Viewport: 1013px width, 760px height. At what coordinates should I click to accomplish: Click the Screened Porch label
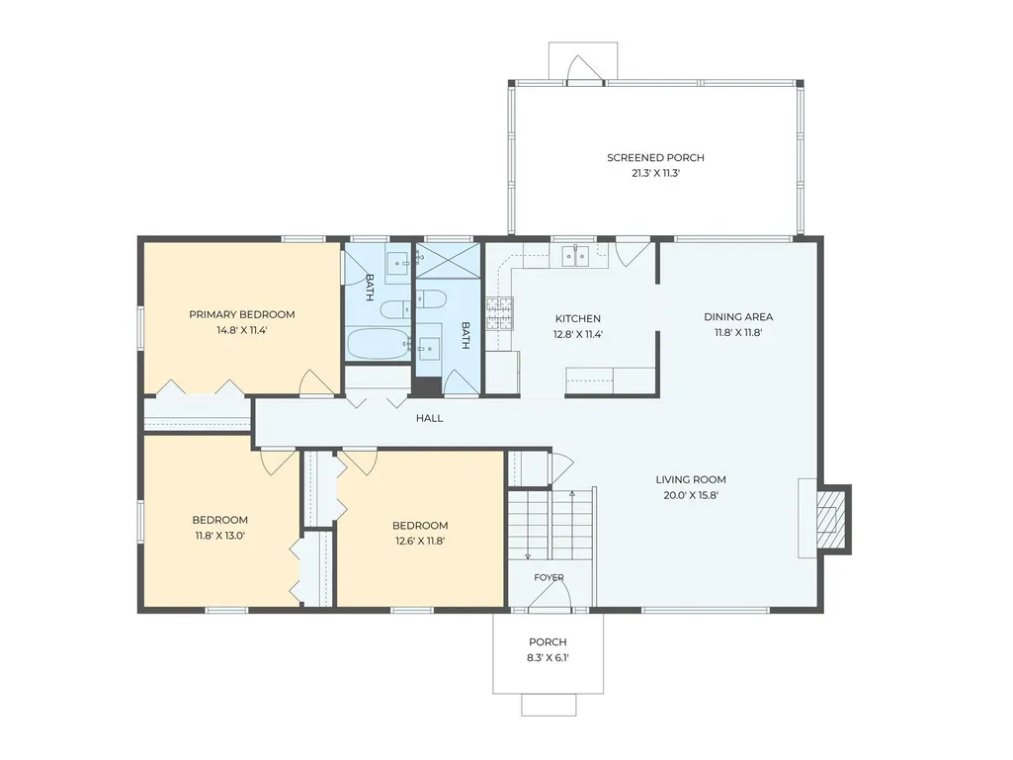tap(655, 158)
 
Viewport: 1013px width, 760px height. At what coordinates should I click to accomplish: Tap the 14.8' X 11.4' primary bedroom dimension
tap(241, 330)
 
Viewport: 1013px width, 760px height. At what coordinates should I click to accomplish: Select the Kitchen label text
tap(578, 318)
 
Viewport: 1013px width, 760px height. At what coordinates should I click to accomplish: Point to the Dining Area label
tap(738, 316)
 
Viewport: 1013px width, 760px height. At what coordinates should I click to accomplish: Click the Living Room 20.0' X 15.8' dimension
tap(691, 496)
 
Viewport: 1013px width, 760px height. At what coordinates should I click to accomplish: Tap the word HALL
tap(430, 418)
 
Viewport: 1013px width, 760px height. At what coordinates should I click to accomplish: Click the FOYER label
tap(549, 577)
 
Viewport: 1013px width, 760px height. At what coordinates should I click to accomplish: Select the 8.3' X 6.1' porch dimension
tap(548, 658)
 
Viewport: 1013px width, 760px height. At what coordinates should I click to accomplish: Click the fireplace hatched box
tap(830, 519)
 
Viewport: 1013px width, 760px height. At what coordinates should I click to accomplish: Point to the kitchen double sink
tap(575, 257)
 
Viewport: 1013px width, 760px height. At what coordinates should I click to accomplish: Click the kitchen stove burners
tap(499, 313)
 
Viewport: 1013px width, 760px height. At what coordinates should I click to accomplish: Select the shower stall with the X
tap(448, 260)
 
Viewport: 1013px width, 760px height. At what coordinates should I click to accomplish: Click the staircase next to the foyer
tap(549, 525)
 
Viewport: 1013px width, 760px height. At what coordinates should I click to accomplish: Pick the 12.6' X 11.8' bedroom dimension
tap(420, 541)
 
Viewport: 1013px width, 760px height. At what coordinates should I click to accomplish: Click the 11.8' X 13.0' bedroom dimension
tap(220, 535)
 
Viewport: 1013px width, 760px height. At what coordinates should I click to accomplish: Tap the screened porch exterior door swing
tap(585, 70)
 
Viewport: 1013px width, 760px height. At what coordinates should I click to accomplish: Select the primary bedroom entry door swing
tap(316, 382)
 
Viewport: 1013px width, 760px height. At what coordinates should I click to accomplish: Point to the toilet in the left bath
tap(394, 309)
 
